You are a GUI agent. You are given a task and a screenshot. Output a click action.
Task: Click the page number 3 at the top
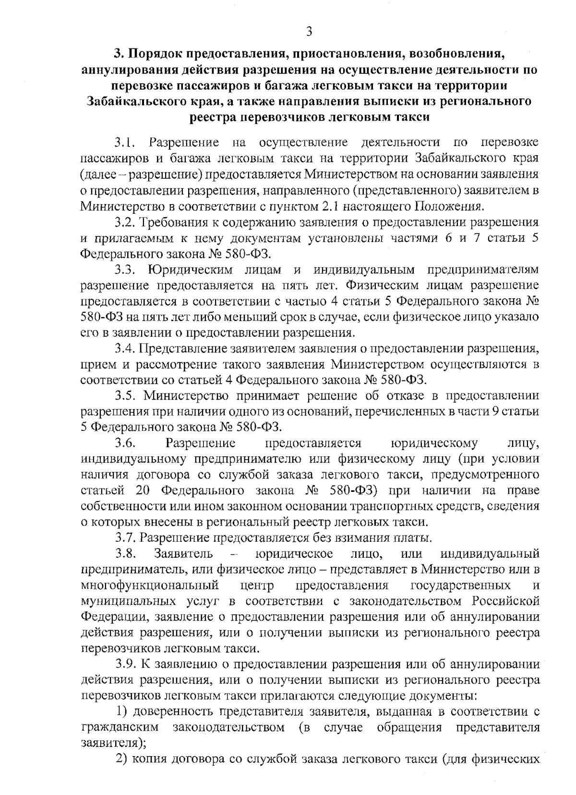click(x=309, y=32)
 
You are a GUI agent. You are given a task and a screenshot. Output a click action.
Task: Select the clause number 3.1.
click(x=126, y=142)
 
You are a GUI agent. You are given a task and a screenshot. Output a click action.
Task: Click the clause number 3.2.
click(x=126, y=222)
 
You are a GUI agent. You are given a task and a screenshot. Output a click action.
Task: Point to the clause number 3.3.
click(x=126, y=270)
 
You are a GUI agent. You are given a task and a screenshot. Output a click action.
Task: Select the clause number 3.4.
click(x=126, y=349)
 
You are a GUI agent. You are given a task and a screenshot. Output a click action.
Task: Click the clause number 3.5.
click(x=126, y=396)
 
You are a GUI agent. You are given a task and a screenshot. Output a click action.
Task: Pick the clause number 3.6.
click(x=126, y=443)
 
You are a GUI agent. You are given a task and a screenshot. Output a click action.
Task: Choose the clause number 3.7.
click(x=126, y=538)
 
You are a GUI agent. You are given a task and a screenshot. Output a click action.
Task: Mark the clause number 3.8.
click(x=126, y=553)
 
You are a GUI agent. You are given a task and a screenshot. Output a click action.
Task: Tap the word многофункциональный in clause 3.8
click(x=150, y=585)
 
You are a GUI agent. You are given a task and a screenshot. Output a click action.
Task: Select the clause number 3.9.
click(x=126, y=664)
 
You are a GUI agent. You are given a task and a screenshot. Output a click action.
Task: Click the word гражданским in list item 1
click(x=120, y=727)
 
